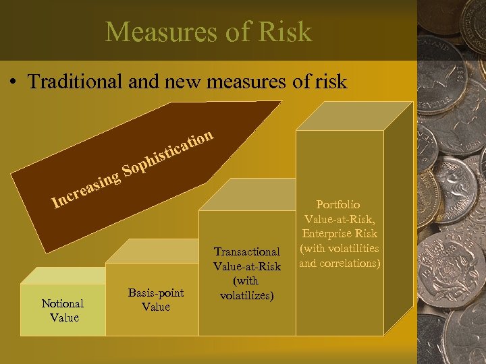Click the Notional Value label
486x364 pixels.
[63, 311]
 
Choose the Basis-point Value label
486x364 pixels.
[155, 299]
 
